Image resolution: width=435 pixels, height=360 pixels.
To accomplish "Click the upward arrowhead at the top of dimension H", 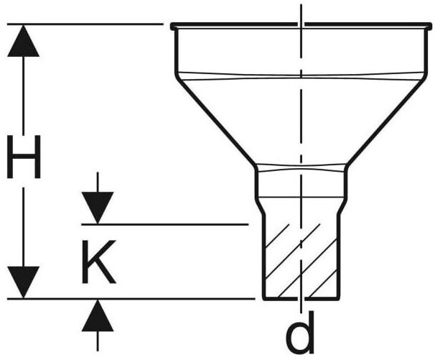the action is [x=24, y=40].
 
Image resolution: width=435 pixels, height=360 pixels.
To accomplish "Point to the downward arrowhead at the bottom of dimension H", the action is [x=24, y=282].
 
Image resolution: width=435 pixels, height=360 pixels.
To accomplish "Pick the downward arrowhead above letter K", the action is [x=98, y=208].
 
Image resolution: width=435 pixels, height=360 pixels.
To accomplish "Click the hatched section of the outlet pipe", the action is [x=301, y=259].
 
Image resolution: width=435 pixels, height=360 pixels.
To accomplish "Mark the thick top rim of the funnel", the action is [x=301, y=27].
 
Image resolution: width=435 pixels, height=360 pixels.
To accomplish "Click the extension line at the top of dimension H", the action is [x=86, y=24].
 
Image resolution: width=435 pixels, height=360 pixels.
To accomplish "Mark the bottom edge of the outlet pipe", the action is [x=301, y=298].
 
